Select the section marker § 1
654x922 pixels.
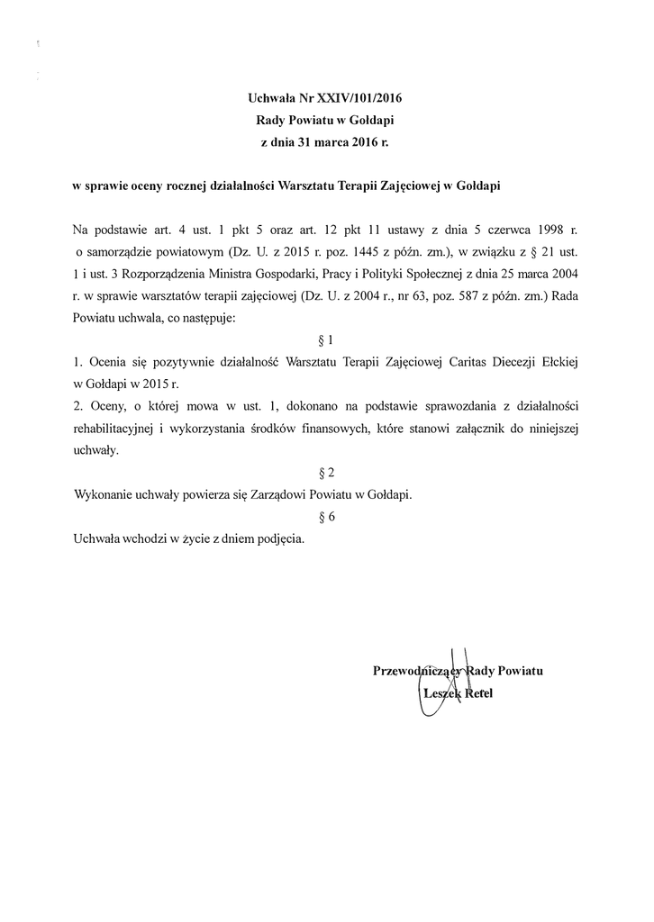tap(327, 340)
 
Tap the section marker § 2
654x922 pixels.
tap(327, 472)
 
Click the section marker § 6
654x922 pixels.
tap(327, 516)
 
